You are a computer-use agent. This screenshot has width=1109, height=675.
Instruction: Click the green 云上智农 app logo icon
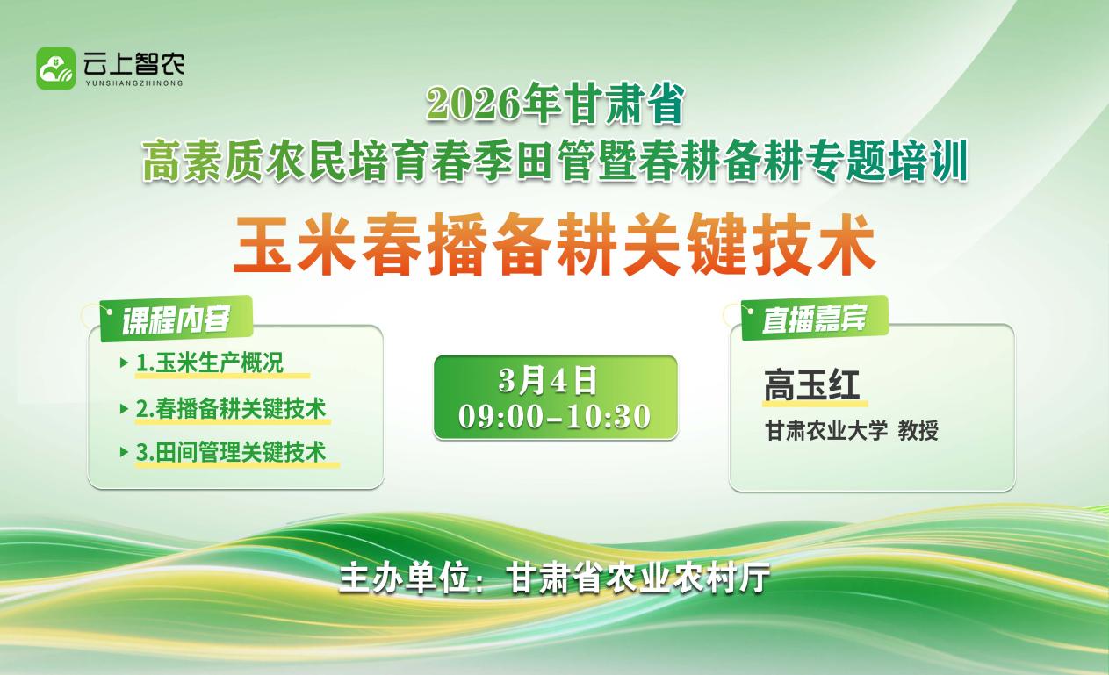click(56, 68)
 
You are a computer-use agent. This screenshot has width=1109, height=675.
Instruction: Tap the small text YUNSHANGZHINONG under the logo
click(134, 83)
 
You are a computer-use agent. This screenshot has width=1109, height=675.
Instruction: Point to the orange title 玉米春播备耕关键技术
click(555, 243)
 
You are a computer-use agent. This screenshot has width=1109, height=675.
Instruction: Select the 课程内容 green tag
click(176, 320)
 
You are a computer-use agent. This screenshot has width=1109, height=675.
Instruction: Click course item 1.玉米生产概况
click(210, 363)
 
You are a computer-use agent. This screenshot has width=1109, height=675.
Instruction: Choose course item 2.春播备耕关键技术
click(231, 408)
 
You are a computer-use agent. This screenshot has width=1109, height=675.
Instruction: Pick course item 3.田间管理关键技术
click(231, 452)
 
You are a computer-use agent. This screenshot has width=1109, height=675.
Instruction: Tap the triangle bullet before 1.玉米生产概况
click(125, 363)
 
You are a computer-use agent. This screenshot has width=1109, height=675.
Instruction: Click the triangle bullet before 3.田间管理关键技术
click(125, 452)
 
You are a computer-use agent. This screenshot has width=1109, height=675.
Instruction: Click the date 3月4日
click(548, 381)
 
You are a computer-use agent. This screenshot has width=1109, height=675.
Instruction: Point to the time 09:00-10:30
click(555, 417)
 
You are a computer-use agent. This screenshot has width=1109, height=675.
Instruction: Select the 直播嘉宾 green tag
click(815, 319)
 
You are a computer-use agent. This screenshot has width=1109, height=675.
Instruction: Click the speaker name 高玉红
click(812, 384)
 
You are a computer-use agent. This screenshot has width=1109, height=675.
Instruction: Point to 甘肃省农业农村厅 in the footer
click(639, 577)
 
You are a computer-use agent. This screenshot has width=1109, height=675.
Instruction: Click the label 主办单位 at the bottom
click(404, 577)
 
